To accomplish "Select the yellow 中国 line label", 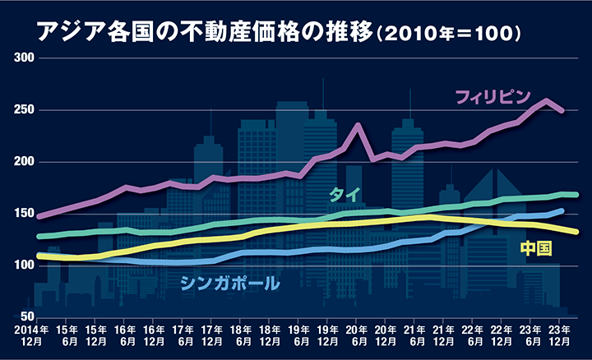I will coord(535,248).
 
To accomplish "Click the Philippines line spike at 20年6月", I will coord(358,125).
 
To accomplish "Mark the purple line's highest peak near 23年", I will coord(547,100).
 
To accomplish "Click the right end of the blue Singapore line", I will coord(562,210).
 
